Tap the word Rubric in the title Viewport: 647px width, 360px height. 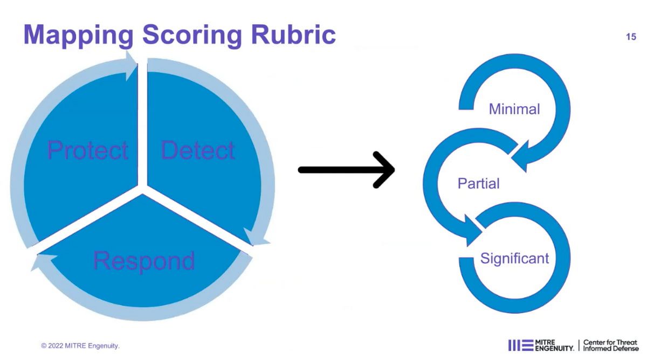coord(293,34)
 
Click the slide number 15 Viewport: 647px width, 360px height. coord(631,37)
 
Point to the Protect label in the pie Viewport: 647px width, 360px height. coord(87,150)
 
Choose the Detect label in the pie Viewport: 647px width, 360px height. coord(197,150)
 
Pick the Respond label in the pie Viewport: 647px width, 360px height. coord(144,261)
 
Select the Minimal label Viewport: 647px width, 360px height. coord(514,109)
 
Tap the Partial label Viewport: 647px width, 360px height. coord(479,183)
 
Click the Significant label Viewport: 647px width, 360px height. coord(514,258)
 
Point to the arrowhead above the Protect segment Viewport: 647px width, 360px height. coord(131,66)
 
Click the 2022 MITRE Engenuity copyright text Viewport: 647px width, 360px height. coord(80,346)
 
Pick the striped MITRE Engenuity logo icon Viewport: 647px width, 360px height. coord(520,345)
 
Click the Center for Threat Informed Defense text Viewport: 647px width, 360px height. coord(610,345)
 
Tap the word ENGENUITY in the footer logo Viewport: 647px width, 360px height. coord(554,349)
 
